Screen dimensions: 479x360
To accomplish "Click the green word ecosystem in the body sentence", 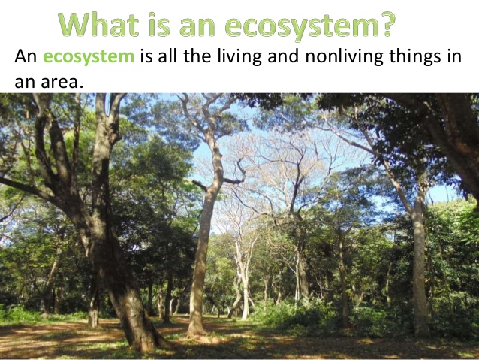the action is [89, 57].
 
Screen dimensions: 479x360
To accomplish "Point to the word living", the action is [239, 56].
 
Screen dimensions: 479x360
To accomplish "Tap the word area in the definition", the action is [62, 82].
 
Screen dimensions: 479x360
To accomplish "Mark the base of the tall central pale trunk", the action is [197, 333].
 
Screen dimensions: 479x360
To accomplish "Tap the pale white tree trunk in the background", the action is [245, 284].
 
